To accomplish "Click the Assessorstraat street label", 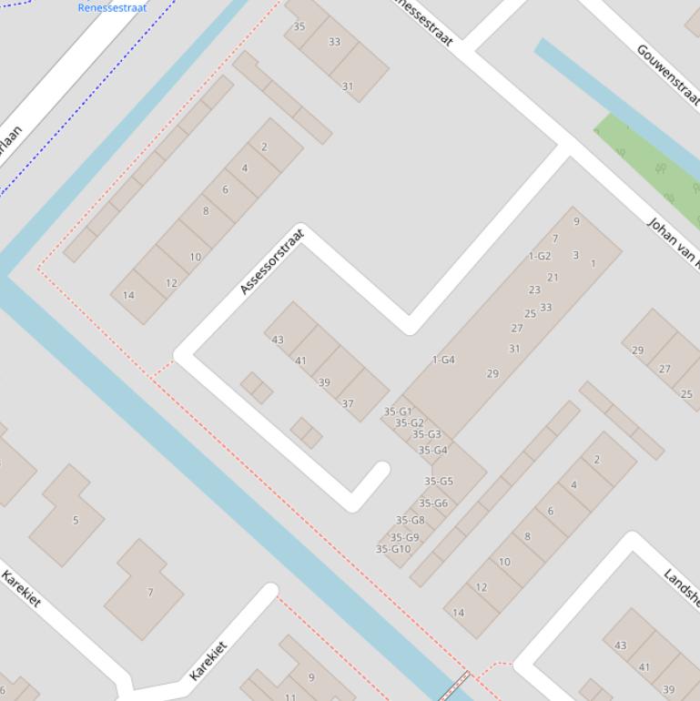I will (x=273, y=262).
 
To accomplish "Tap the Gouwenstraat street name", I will (x=668, y=74).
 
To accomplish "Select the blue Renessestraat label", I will (x=112, y=8).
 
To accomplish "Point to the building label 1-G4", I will (x=443, y=360).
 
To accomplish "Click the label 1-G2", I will (x=540, y=256).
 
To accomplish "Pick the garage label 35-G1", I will (x=398, y=411).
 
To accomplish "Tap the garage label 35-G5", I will (x=439, y=482).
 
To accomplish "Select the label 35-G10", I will (x=393, y=549).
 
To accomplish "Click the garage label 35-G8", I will (x=411, y=521).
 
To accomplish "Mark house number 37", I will (x=348, y=403).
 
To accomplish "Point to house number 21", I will (x=553, y=278).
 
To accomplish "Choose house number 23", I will (x=534, y=290).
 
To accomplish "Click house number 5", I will (x=76, y=521).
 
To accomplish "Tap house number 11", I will (x=290, y=697).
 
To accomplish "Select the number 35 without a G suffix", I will (x=299, y=26).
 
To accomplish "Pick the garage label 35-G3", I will (x=426, y=434).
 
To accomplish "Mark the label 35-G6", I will (x=433, y=503).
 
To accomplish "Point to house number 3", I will (x=575, y=255).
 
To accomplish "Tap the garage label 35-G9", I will (x=405, y=537).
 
